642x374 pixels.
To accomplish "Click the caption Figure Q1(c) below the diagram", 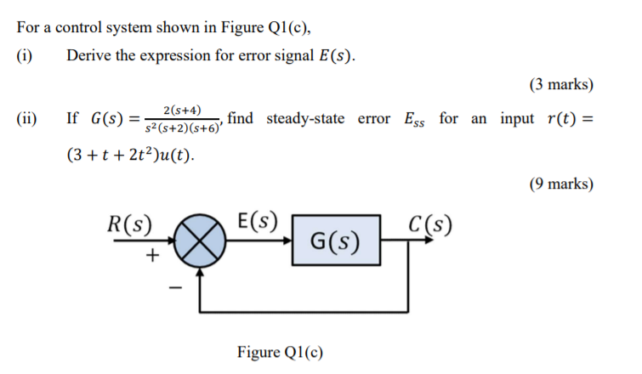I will click(x=280, y=352).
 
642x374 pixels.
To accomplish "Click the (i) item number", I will click(x=25, y=56).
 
